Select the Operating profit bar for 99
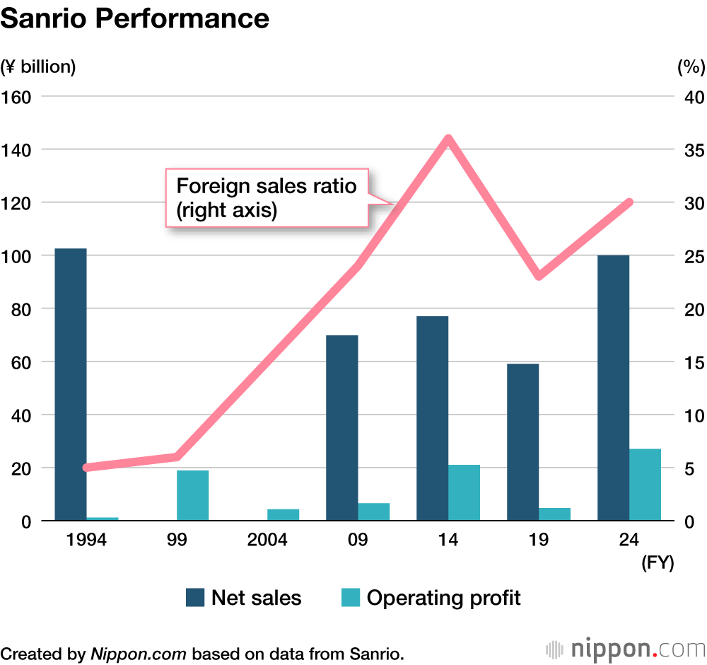193,495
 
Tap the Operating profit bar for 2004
284,514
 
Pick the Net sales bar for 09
342,428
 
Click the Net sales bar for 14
432,418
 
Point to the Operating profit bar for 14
464,492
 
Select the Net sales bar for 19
522,442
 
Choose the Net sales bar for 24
613,388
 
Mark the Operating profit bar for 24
645,485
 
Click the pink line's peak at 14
448,139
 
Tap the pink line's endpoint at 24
629,202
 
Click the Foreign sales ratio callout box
267,197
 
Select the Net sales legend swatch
195,597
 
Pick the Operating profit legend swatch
350,597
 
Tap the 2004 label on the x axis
267,540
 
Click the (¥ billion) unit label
38,67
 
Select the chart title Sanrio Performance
135,18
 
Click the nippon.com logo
626,648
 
